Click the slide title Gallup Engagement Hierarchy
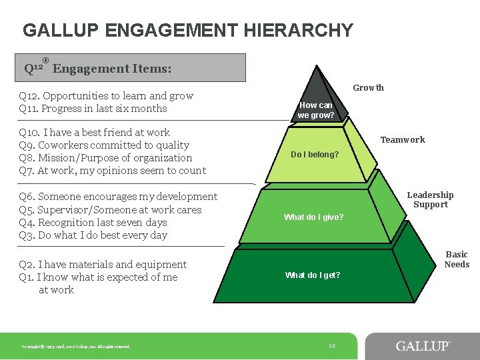pos(188,31)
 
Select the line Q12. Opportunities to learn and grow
pos(107,96)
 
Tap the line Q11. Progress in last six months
pos(93,109)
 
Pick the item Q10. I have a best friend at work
pos(95,133)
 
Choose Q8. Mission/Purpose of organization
pos(106,158)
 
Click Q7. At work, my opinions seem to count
pos(113,171)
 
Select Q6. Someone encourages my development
pos(119,197)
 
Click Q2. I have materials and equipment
pos(103,265)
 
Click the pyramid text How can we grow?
pos(316,110)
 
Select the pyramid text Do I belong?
pos(315,155)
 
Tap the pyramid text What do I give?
pos(314,217)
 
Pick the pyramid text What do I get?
pos(313,275)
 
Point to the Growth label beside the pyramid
pos(368,88)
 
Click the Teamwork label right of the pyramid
pos(403,140)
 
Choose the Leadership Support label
pos(430,200)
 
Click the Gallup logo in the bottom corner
pos(423,346)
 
